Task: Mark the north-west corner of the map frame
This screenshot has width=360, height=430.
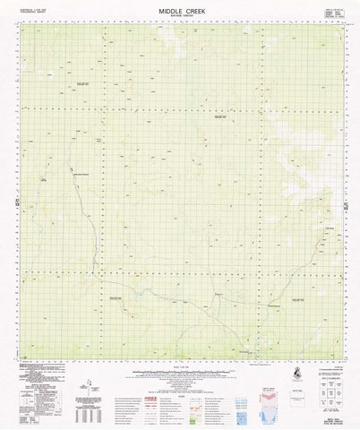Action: point(20,24)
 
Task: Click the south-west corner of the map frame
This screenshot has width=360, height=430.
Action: point(20,355)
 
